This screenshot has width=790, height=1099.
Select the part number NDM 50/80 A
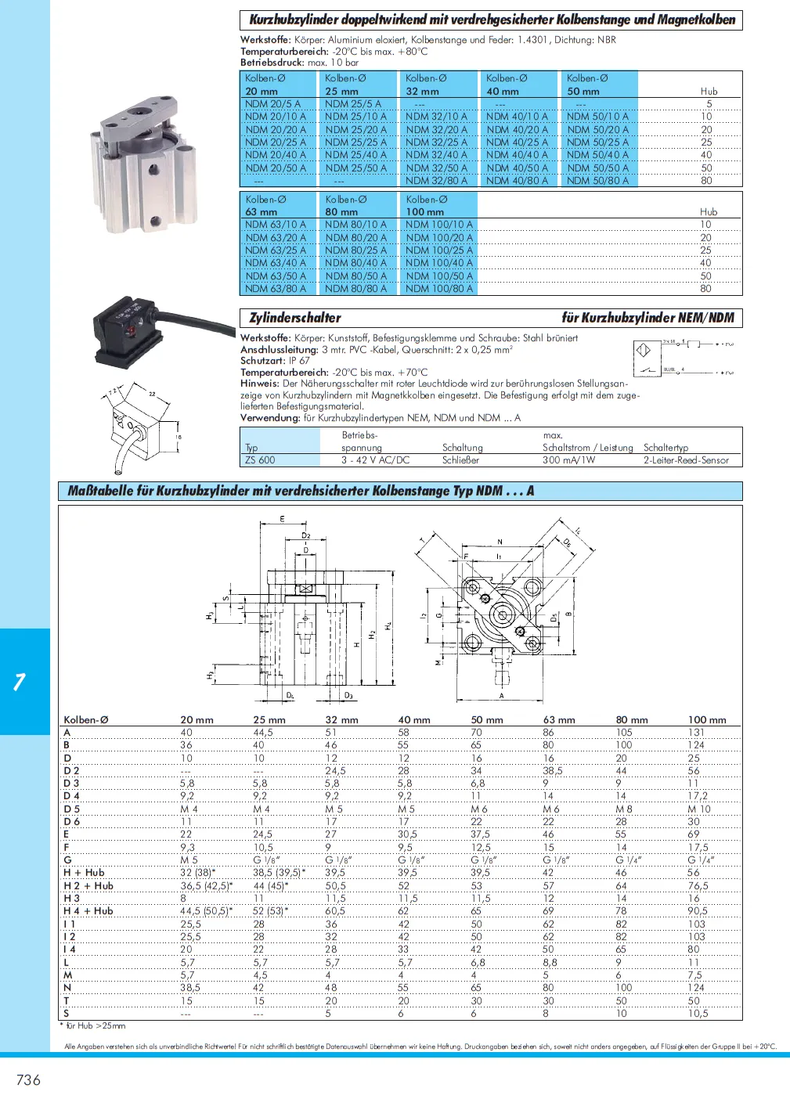[x=597, y=181]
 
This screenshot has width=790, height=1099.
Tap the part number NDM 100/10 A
[x=438, y=225]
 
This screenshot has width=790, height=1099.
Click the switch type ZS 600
[x=260, y=460]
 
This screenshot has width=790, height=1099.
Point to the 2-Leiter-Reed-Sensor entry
[x=686, y=460]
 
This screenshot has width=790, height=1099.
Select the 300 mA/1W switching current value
[x=568, y=460]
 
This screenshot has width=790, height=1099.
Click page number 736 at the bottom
[x=28, y=1080]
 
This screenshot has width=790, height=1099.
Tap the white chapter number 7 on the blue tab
[x=20, y=682]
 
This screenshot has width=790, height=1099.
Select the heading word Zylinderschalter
[x=294, y=318]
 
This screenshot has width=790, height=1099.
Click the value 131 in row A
[x=696, y=733]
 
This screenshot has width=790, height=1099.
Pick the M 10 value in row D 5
[x=699, y=809]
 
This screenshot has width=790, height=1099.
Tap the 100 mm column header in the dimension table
[x=706, y=720]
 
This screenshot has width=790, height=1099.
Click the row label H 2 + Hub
[x=88, y=886]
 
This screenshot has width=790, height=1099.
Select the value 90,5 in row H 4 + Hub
[x=697, y=911]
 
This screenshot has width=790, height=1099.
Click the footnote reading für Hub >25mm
[x=95, y=1025]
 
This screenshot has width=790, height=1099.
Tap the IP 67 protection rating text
[x=299, y=361]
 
